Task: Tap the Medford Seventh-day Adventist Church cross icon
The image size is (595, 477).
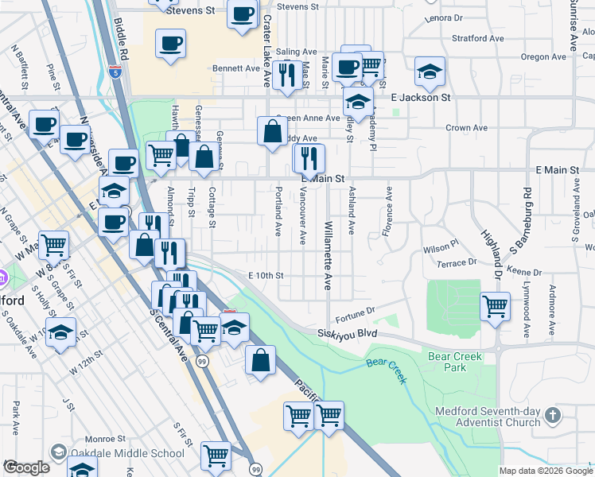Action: click(555, 414)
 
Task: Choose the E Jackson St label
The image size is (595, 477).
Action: click(421, 97)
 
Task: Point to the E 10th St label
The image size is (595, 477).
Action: click(266, 275)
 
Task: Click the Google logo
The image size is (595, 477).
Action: click(26, 467)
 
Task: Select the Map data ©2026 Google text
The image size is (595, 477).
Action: click(545, 471)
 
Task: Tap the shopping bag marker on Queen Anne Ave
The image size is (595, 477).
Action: click(272, 130)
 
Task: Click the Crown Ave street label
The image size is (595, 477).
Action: click(466, 127)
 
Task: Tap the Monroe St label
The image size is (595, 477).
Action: click(105, 438)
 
